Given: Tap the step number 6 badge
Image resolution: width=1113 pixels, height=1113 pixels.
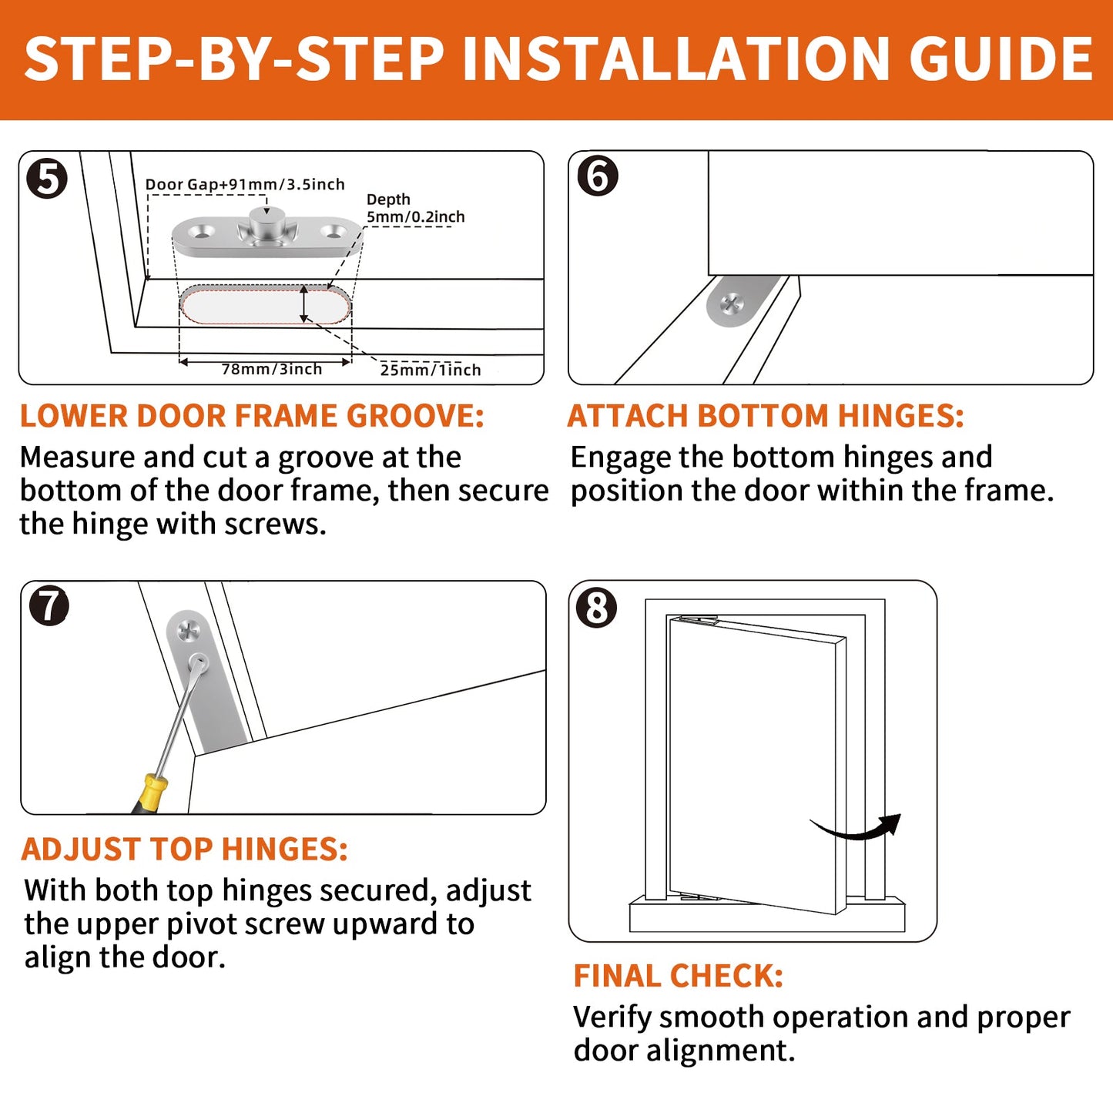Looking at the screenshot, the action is (597, 176).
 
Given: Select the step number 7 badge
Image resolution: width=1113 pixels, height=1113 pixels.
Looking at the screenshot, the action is (49, 606).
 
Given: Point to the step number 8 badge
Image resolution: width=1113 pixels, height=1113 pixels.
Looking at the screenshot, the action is (597, 608).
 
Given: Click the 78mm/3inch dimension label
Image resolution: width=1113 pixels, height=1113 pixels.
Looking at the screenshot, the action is (272, 369).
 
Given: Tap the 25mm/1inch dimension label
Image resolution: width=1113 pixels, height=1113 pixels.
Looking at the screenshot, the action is (431, 370).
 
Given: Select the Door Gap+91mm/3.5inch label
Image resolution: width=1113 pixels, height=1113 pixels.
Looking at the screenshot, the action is (245, 184).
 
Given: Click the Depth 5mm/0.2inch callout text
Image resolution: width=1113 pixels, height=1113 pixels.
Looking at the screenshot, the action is (415, 208).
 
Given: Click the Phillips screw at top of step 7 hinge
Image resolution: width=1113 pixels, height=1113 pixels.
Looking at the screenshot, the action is (188, 631).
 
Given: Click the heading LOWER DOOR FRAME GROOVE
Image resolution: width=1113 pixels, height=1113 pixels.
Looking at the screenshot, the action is (252, 416).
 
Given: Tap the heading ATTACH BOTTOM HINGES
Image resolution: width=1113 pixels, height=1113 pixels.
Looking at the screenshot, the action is (766, 416).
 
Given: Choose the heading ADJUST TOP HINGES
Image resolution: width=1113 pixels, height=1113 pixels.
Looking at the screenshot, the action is (184, 849).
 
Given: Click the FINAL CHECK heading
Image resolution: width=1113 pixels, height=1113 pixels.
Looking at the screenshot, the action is (678, 976).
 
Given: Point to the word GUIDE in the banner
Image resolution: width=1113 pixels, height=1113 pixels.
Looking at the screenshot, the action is (1001, 59).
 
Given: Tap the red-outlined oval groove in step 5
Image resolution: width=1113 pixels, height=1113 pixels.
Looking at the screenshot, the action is (266, 304).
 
